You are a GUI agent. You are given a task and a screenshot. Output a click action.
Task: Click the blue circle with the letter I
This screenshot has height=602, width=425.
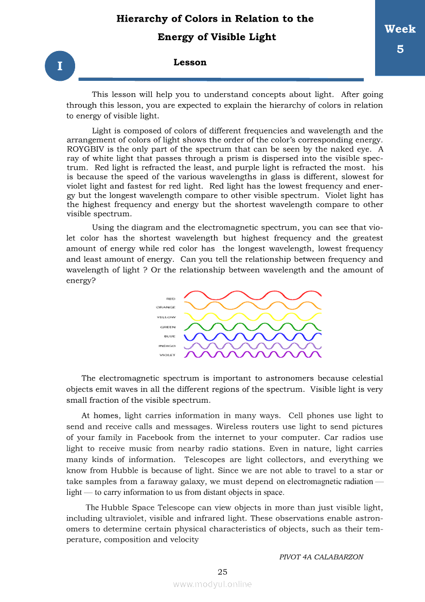[x=60, y=66]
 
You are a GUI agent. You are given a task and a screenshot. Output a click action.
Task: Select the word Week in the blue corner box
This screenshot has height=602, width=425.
[x=400, y=29]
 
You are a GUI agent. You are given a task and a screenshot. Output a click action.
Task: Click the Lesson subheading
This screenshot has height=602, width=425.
[x=190, y=63]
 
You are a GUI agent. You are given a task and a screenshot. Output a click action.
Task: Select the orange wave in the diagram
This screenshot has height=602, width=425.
[x=252, y=306]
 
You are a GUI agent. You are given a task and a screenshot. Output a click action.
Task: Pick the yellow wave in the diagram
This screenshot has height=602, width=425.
[x=252, y=316]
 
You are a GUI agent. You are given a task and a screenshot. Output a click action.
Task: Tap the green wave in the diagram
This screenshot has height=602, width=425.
[x=252, y=327]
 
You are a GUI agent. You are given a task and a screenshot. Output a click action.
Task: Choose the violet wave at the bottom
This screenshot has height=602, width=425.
[x=252, y=354]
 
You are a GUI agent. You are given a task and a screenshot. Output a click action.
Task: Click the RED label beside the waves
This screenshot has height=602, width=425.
[x=171, y=298]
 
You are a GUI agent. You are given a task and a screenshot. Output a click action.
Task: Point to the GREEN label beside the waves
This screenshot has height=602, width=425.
[x=168, y=327]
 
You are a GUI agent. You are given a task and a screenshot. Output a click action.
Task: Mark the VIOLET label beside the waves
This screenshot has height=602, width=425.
[x=167, y=355]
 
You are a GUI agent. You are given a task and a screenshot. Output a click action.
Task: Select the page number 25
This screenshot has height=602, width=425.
[x=222, y=572]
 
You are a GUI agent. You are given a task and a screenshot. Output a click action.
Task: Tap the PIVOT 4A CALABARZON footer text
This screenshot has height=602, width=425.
[x=321, y=557]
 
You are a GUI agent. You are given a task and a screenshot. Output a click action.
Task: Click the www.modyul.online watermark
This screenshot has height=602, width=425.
[x=213, y=584]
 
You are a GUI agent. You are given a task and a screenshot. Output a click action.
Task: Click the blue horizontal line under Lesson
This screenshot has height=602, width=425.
[x=221, y=79]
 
